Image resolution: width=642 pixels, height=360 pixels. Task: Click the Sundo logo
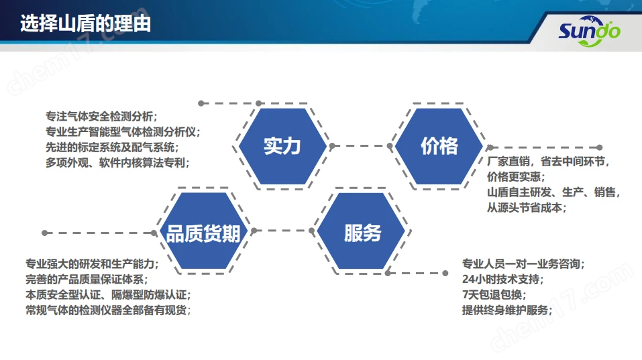coord(589,31)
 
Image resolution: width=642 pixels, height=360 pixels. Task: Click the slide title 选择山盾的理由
coord(86,23)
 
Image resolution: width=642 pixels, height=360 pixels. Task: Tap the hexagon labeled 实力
coord(282,146)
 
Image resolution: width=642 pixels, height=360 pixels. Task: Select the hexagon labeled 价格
coord(439,146)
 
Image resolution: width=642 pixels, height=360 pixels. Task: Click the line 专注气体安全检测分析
coord(101,117)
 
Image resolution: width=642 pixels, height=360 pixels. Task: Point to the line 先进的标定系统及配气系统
coord(112,147)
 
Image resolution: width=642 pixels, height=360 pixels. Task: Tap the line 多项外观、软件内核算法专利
coord(117,163)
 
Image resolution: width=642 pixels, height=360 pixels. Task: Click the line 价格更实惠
coord(516,177)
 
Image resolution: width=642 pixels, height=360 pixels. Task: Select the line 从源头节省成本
coord(527,207)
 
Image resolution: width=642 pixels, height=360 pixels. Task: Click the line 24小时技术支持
coord(502,280)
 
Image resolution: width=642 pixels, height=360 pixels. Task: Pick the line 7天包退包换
coord(494,294)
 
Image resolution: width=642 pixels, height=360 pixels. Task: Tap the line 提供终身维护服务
coord(507,310)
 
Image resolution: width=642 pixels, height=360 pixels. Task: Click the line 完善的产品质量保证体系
coord(87,280)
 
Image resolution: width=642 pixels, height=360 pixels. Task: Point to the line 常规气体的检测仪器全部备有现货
coord(108,310)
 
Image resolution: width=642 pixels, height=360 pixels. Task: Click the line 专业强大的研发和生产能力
coord(92,264)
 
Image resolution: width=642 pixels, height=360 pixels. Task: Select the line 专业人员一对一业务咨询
coord(523,264)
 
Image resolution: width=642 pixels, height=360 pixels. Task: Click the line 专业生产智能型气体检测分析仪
coord(123,131)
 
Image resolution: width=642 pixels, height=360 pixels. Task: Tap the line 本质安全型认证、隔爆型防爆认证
coord(108,294)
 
